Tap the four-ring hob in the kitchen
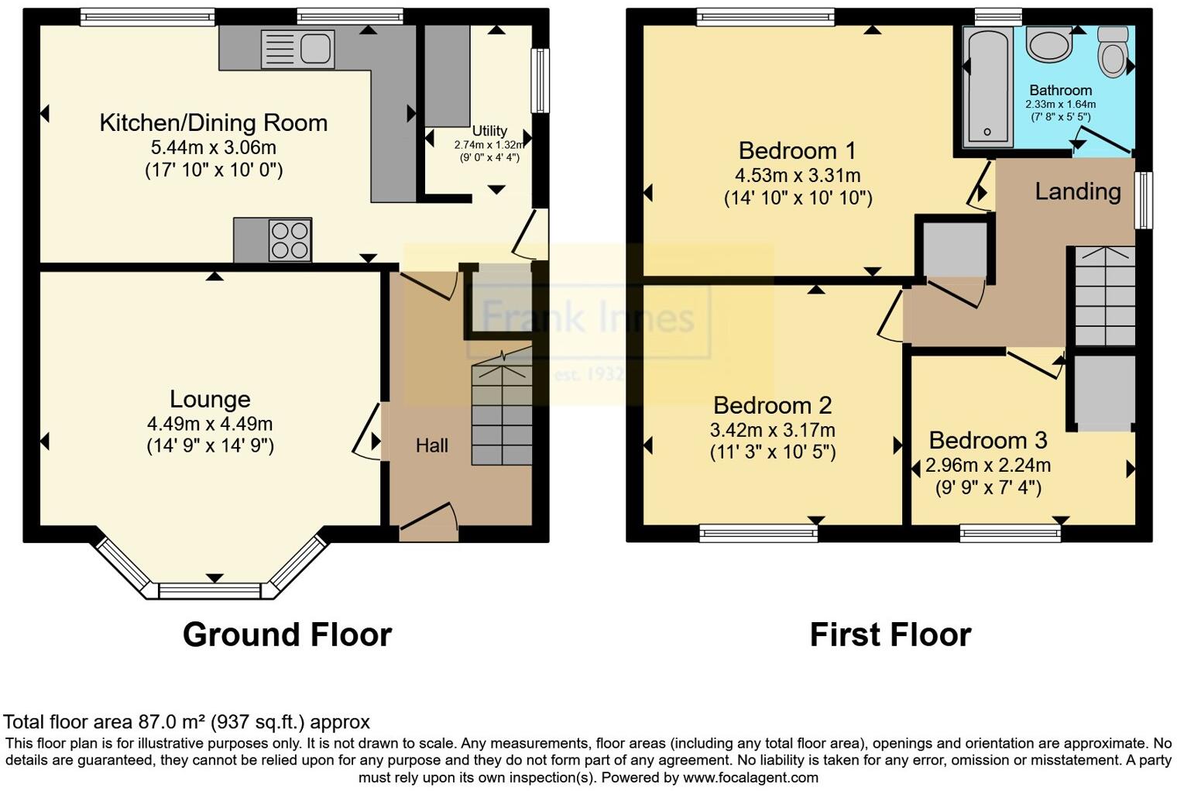pyautogui.click(x=290, y=239)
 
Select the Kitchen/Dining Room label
pyautogui.click(x=214, y=123)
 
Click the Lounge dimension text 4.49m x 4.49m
pyautogui.click(x=210, y=424)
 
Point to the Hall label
pyautogui.click(x=431, y=445)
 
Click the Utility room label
pyautogui.click(x=489, y=131)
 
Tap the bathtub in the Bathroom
pyautogui.click(x=988, y=87)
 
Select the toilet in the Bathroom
pyautogui.click(x=1113, y=53)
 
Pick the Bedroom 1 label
pyautogui.click(x=798, y=150)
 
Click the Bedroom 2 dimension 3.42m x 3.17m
pyautogui.click(x=772, y=430)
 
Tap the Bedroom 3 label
pyautogui.click(x=988, y=440)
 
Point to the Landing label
pyautogui.click(x=1077, y=191)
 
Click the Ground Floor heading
pyautogui.click(x=287, y=635)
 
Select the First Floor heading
pyautogui.click(x=890, y=635)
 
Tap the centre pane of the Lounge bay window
pyautogui.click(x=210, y=590)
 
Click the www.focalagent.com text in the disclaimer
pyautogui.click(x=750, y=777)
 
